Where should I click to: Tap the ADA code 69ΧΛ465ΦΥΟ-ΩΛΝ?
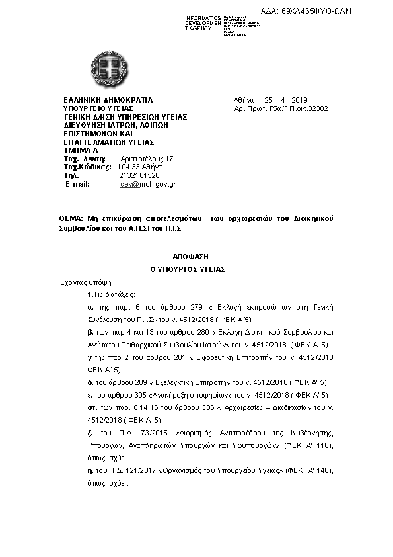click(335, 11)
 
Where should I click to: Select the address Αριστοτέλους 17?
click(147, 159)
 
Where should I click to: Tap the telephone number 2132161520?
click(139, 175)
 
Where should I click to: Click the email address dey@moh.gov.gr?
click(147, 184)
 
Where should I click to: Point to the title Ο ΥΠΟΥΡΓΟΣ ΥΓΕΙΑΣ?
click(188, 269)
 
